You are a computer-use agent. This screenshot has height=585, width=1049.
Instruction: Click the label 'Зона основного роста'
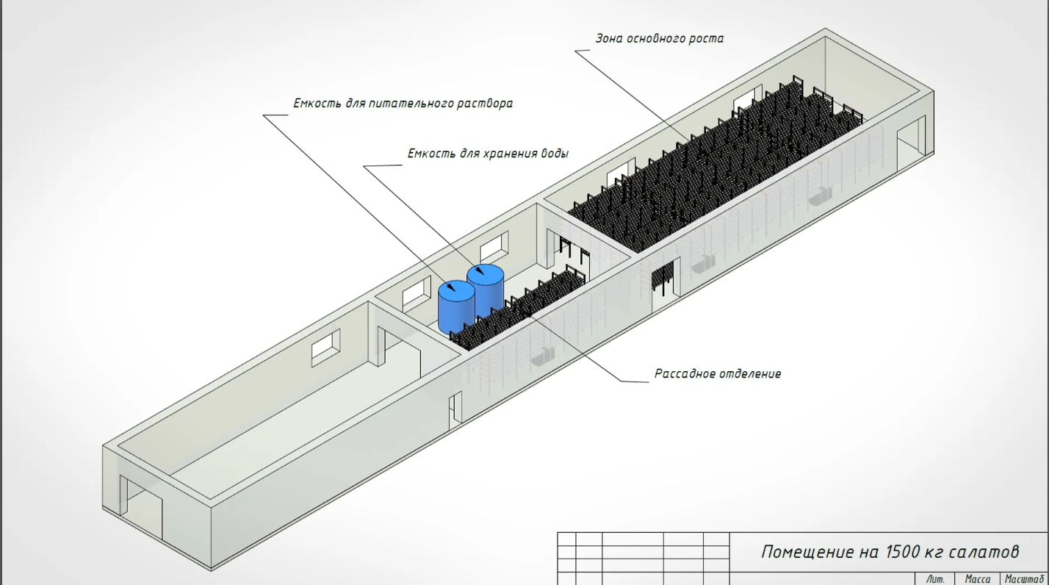660,38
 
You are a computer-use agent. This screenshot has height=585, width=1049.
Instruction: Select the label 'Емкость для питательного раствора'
403,104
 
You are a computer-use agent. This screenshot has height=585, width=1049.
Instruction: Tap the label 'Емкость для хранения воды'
488,154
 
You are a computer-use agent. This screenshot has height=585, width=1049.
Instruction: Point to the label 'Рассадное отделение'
718,374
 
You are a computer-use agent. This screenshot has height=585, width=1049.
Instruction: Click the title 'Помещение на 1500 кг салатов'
890,552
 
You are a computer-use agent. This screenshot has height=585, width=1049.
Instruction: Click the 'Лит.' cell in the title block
936,579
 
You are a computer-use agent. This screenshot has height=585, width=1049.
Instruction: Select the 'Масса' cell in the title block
977,579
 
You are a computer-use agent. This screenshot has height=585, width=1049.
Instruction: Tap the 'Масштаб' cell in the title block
1024,579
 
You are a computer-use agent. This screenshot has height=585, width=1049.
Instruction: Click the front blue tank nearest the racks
455,306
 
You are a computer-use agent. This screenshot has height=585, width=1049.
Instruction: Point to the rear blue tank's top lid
485,274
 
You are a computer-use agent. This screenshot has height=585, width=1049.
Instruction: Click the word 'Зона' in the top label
609,38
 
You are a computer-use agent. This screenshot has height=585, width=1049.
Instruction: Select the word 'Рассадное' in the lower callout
684,374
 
